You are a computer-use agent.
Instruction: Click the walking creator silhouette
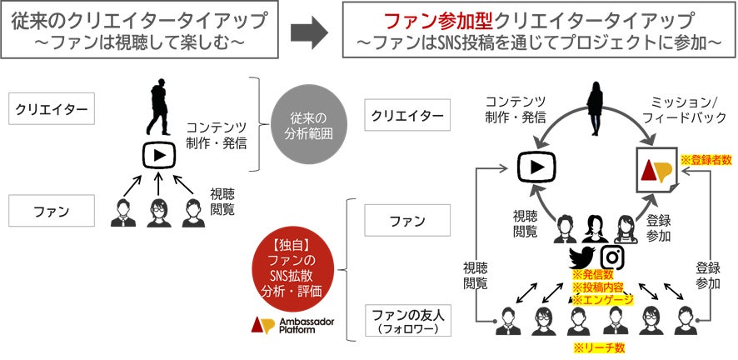(160, 108)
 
